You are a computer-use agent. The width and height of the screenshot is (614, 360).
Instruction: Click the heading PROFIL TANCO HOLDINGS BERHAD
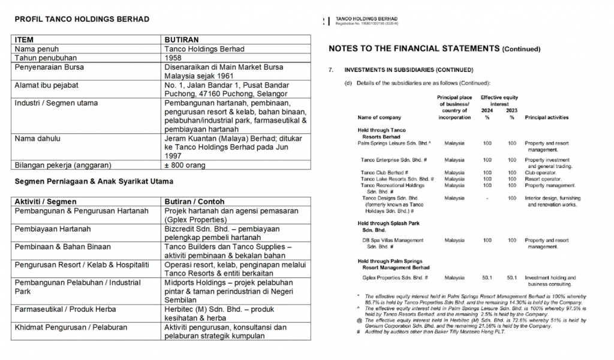82,19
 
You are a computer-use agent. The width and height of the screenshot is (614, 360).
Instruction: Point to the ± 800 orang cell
185,165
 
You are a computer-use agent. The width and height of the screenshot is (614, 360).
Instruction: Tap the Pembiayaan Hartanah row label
53,229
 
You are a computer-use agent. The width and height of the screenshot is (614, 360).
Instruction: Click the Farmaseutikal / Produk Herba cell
65,309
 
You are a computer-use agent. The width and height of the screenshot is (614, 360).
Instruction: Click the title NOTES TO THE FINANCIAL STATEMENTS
414,48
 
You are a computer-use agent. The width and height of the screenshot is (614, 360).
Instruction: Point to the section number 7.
330,70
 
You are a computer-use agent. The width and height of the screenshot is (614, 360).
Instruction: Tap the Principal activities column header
546,118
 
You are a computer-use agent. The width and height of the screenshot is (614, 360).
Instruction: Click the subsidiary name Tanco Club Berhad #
384,172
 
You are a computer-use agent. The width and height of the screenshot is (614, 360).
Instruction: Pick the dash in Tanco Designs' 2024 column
486,198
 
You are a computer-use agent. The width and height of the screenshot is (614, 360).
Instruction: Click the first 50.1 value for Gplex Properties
486,278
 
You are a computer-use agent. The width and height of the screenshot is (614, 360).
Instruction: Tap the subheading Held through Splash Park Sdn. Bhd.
388,226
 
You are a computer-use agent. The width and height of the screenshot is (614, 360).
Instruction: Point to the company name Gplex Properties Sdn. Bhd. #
394,278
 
